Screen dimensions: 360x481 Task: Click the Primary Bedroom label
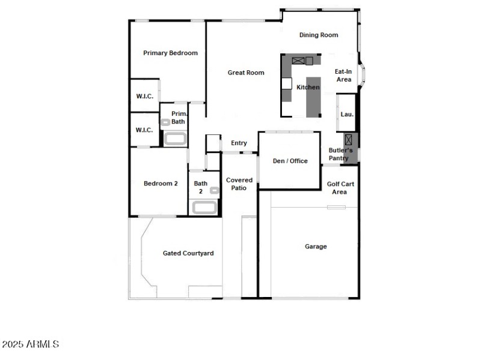coord(170,53)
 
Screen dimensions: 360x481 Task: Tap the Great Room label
coord(246,73)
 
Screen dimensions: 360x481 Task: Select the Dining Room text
coord(319,35)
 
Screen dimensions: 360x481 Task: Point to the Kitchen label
coord(308,88)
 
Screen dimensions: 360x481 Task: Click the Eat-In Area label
coord(343,75)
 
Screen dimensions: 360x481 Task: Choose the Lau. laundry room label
coord(347,114)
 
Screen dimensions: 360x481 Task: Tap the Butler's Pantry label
coord(340,154)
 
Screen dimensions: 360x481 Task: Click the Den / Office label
coord(290,161)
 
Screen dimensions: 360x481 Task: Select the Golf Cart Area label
coord(340,188)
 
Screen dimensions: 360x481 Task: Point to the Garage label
coord(316,247)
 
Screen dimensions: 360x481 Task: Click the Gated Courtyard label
coord(188,253)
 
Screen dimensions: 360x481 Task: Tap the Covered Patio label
coord(239,184)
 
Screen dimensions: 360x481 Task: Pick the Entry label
coord(239,143)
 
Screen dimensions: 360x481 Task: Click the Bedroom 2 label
coord(161,184)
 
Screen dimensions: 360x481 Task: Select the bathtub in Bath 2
coord(203,208)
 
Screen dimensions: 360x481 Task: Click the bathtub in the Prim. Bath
coord(175,139)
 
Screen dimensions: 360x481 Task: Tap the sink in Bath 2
coord(213,190)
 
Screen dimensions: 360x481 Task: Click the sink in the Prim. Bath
coord(165,122)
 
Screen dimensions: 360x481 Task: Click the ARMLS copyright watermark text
coord(30,344)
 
